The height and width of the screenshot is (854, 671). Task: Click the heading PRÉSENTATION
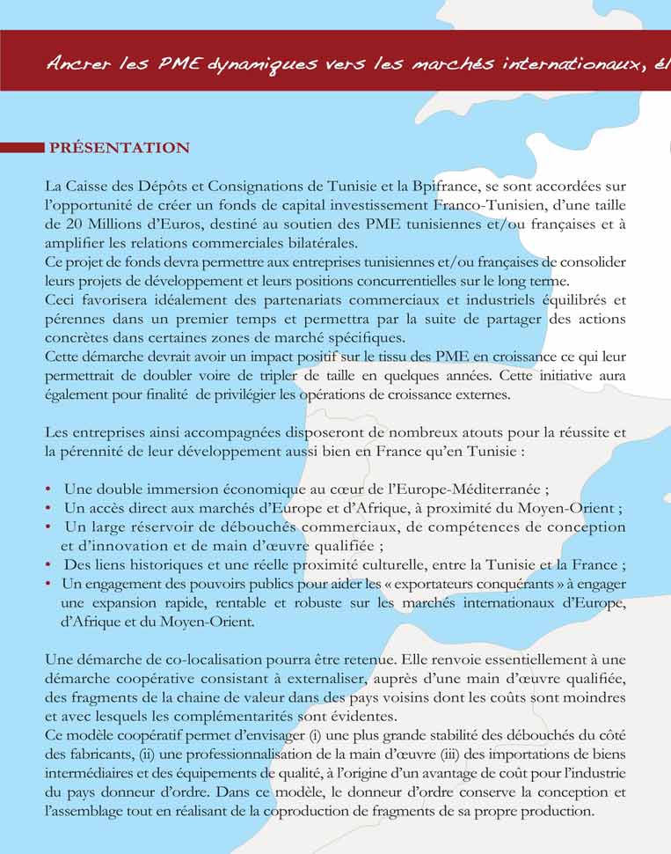(x=120, y=148)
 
